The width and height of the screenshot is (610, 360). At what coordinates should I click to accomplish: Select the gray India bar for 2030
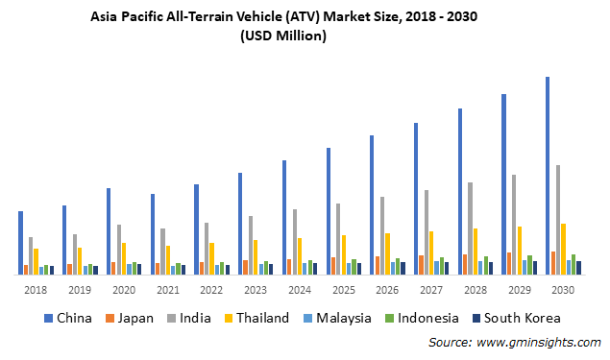[558, 220]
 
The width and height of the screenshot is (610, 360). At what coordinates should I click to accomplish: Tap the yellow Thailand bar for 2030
[563, 249]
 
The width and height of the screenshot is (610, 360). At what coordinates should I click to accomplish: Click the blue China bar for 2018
[20, 243]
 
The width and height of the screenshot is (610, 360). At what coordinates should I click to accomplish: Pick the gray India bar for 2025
[338, 239]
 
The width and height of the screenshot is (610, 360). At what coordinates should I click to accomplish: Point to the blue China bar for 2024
[283, 217]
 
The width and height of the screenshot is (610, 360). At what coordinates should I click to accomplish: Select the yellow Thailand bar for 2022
[211, 258]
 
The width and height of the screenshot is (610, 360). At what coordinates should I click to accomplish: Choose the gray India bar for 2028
[470, 228]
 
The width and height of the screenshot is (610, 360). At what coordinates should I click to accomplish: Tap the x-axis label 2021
[167, 290]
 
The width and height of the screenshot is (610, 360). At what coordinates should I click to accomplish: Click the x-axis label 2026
[387, 290]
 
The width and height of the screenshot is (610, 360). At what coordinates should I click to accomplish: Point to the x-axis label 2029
[519, 290]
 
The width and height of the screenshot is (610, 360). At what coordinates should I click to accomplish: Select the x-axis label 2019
[80, 290]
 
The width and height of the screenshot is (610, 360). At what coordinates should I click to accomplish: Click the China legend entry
[66, 318]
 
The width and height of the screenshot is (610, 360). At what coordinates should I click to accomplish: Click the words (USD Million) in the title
[282, 36]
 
